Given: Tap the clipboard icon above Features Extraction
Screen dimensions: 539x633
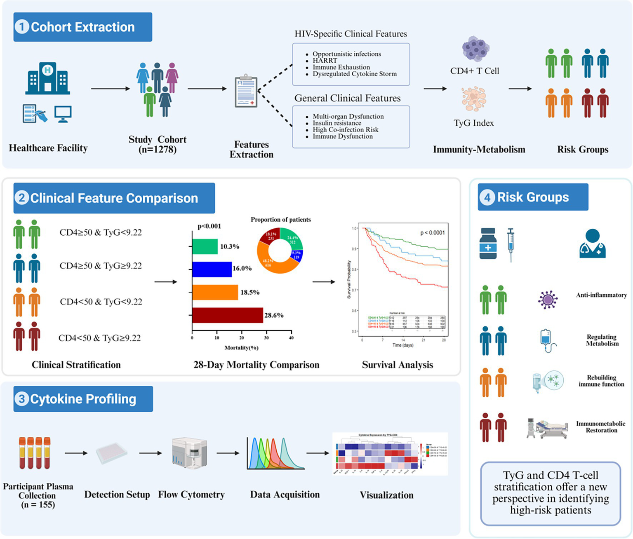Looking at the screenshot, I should point(246,91).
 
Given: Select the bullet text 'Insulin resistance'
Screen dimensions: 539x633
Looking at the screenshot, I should point(337,123).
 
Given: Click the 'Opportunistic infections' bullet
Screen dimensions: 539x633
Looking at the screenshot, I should point(346,54).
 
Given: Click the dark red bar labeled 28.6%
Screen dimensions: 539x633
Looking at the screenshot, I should point(227,315).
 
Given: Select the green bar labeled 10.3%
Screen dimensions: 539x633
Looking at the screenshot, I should point(205,247).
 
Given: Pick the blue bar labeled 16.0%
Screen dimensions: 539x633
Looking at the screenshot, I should point(212,269).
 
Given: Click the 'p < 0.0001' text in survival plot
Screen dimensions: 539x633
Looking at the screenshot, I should point(432,233).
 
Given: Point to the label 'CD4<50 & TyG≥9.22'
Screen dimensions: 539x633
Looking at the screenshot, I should point(99,338).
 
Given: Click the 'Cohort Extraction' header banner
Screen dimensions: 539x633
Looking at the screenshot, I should point(82,27).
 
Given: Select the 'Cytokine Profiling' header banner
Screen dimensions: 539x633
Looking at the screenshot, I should point(83,399).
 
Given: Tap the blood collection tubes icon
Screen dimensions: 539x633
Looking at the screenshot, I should point(35,453).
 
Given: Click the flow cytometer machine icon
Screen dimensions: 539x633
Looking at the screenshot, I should point(189,453).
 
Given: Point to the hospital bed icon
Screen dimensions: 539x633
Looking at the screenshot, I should point(547,428).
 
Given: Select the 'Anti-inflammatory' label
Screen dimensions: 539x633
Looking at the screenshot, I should point(601,295).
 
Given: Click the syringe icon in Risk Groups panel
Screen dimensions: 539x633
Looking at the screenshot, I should point(511,244).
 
